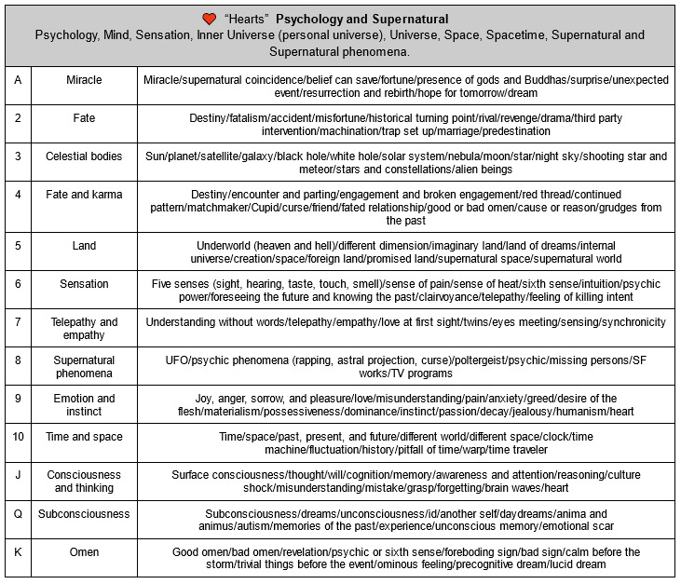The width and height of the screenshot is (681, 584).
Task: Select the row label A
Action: click(18, 80)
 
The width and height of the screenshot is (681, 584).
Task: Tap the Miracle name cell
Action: click(84, 80)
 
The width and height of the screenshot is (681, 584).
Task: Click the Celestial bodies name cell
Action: click(84, 156)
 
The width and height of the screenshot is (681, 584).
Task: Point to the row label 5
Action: click(18, 246)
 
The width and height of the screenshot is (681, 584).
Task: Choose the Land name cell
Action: click(84, 246)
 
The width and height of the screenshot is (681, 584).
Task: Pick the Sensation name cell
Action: click(84, 284)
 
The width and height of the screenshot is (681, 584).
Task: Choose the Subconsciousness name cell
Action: click(84, 513)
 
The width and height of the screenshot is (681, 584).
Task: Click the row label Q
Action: click(18, 513)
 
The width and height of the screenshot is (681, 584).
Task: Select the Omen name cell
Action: click(84, 551)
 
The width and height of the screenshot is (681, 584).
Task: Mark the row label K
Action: click(18, 551)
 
